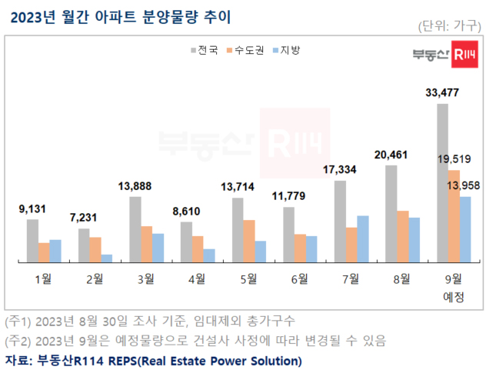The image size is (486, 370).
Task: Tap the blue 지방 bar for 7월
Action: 363,239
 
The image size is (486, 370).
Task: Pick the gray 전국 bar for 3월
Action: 135,230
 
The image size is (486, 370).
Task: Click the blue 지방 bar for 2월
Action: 106,258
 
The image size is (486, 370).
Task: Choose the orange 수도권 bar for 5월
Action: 249,242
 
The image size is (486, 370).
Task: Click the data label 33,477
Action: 442,94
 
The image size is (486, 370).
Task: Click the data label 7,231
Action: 83,218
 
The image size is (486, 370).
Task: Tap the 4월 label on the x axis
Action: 197,278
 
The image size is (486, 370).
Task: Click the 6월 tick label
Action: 299,278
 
